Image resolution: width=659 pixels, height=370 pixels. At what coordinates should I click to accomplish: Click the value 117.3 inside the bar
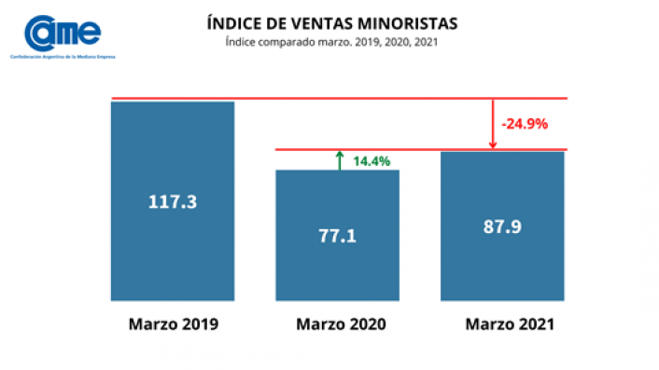pos(172,200)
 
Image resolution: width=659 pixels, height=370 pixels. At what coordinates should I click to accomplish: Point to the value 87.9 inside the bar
pos(502,226)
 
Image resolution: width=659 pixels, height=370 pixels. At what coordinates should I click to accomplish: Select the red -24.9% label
pos(525,123)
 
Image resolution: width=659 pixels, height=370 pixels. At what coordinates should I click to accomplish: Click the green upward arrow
pos(340,159)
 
